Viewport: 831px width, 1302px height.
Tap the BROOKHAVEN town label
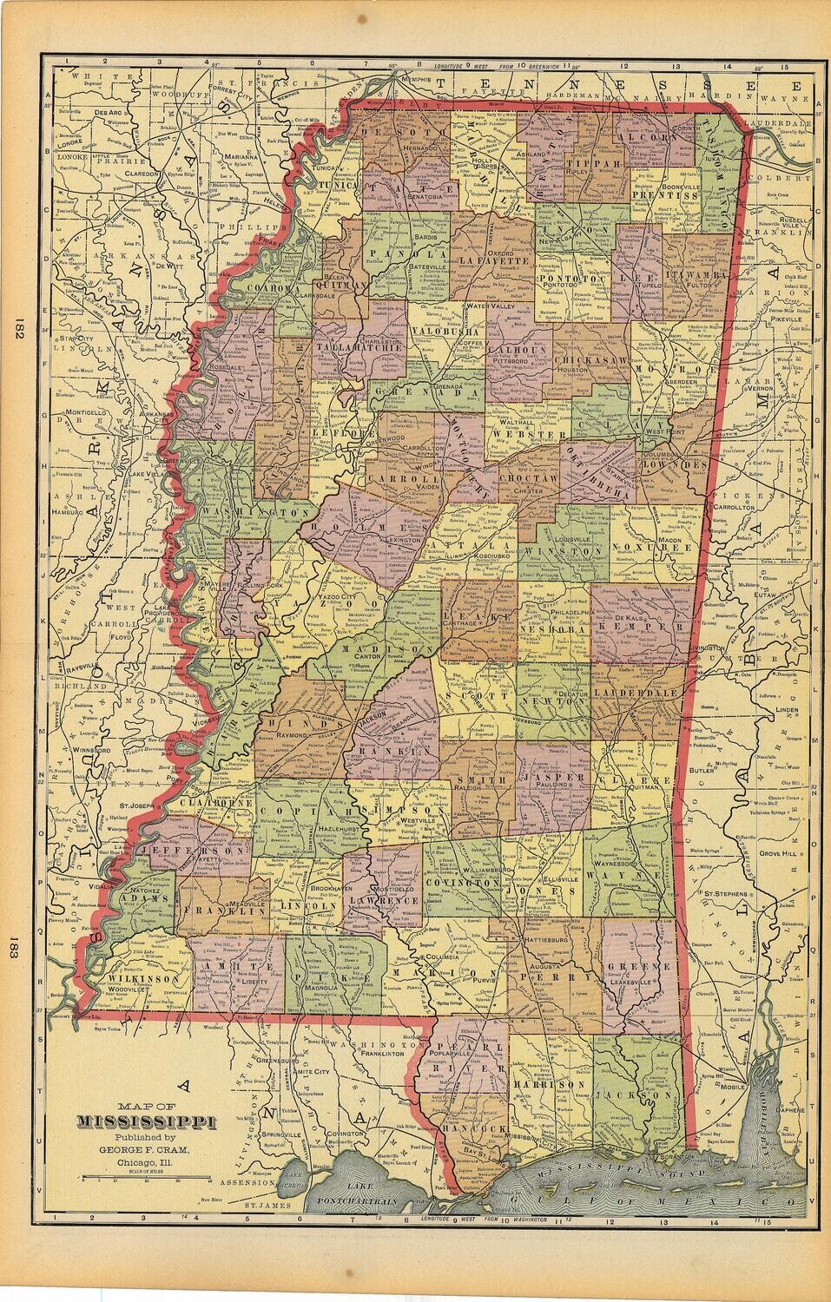click(316, 891)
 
